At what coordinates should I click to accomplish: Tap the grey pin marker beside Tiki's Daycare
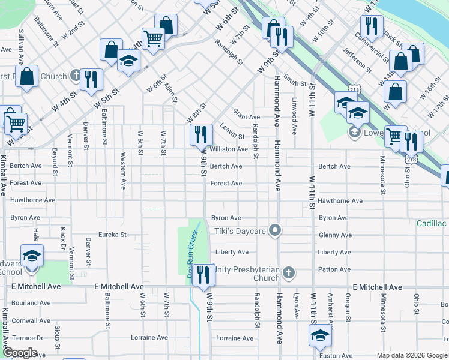coord(275,230)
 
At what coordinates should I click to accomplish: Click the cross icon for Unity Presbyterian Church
coord(289,274)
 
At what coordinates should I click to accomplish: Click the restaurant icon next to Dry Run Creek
coord(203,274)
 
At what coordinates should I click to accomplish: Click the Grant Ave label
coord(246,117)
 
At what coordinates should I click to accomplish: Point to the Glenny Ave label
coord(335,235)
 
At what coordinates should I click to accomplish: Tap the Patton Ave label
coord(334,269)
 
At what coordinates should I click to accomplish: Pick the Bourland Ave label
coord(26,303)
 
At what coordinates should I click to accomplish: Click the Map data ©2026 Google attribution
coord(411,355)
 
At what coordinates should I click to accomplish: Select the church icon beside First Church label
coord(75,76)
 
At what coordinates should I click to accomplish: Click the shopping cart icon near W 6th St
coord(153,38)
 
